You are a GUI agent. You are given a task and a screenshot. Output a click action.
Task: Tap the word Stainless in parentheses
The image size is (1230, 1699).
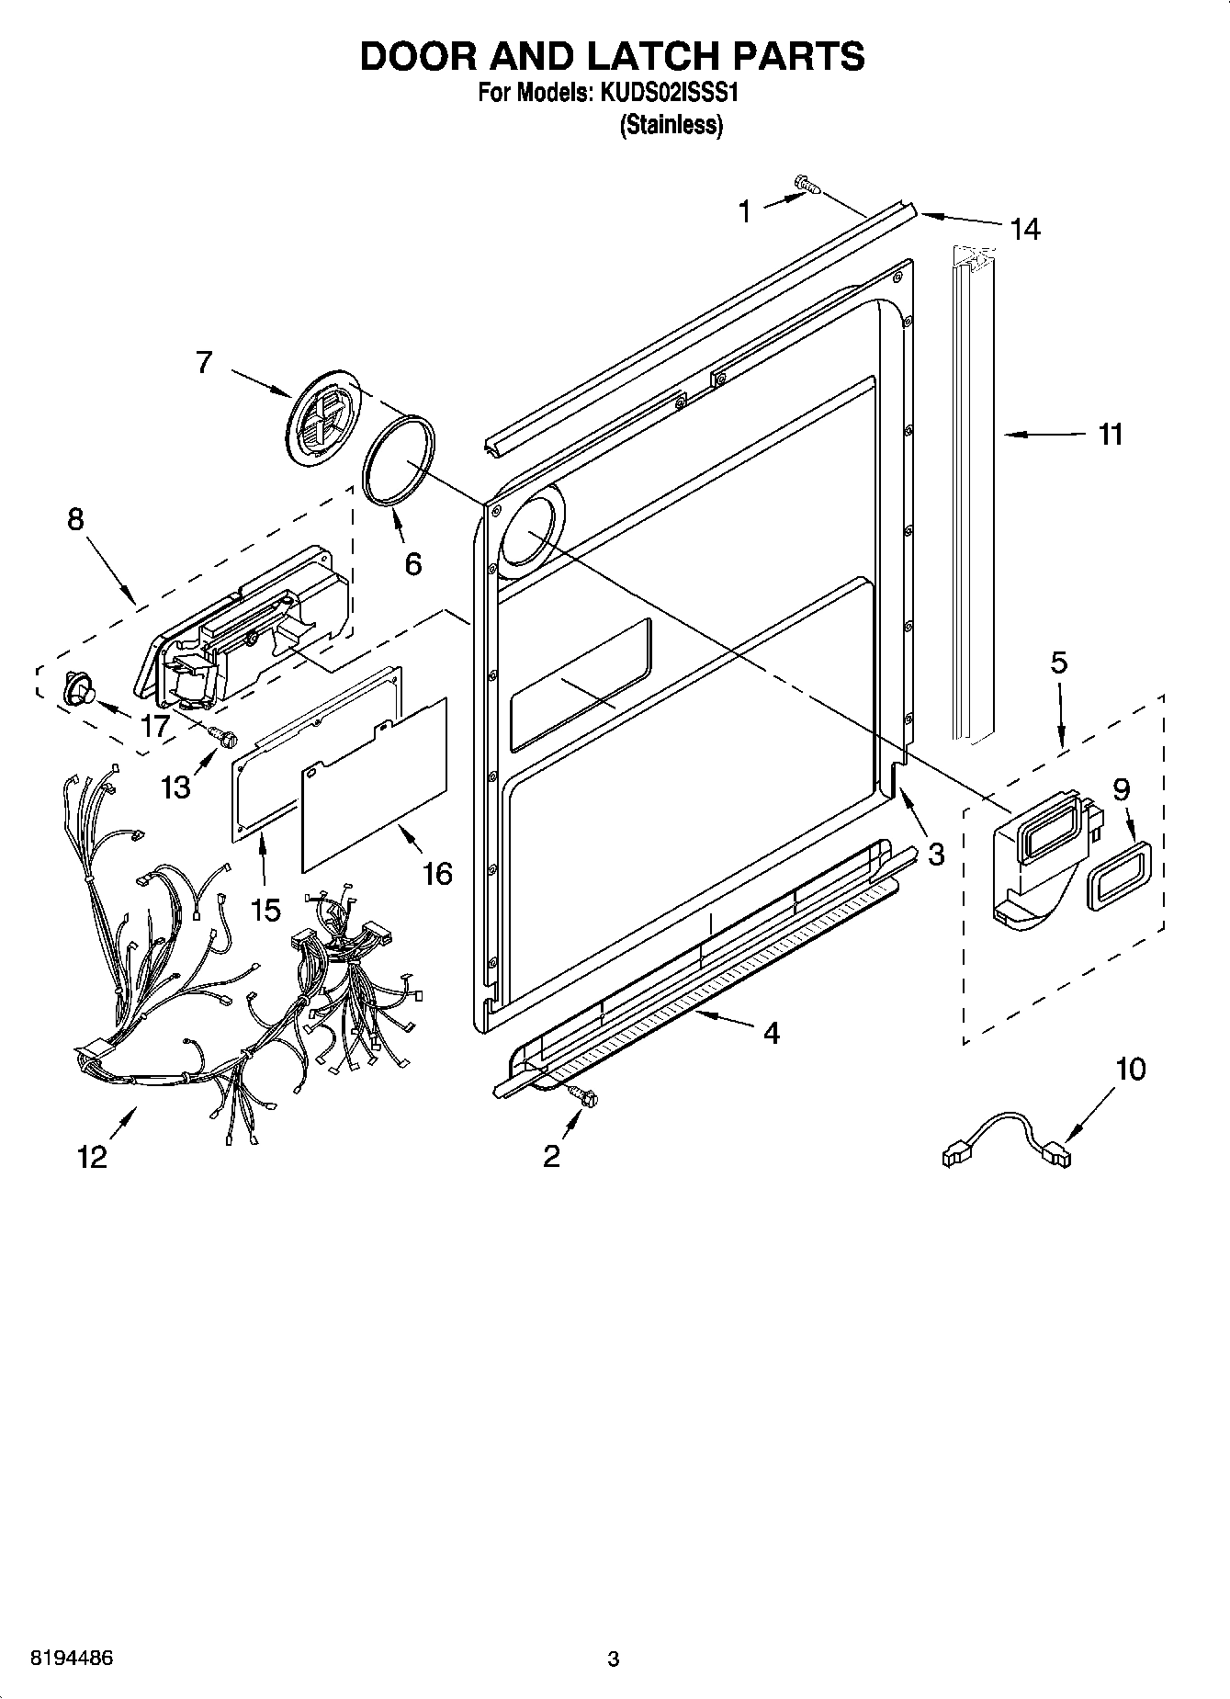(x=671, y=126)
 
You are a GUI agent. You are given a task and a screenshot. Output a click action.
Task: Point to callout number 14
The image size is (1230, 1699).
(x=1024, y=228)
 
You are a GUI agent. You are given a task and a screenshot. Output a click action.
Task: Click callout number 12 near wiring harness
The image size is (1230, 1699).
(x=93, y=1156)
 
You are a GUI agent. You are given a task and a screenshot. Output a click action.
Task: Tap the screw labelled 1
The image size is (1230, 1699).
(x=807, y=186)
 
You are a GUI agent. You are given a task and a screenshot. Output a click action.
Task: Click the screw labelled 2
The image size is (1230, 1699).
(x=582, y=1093)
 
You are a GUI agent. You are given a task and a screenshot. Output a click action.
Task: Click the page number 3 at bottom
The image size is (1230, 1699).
(x=614, y=1659)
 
